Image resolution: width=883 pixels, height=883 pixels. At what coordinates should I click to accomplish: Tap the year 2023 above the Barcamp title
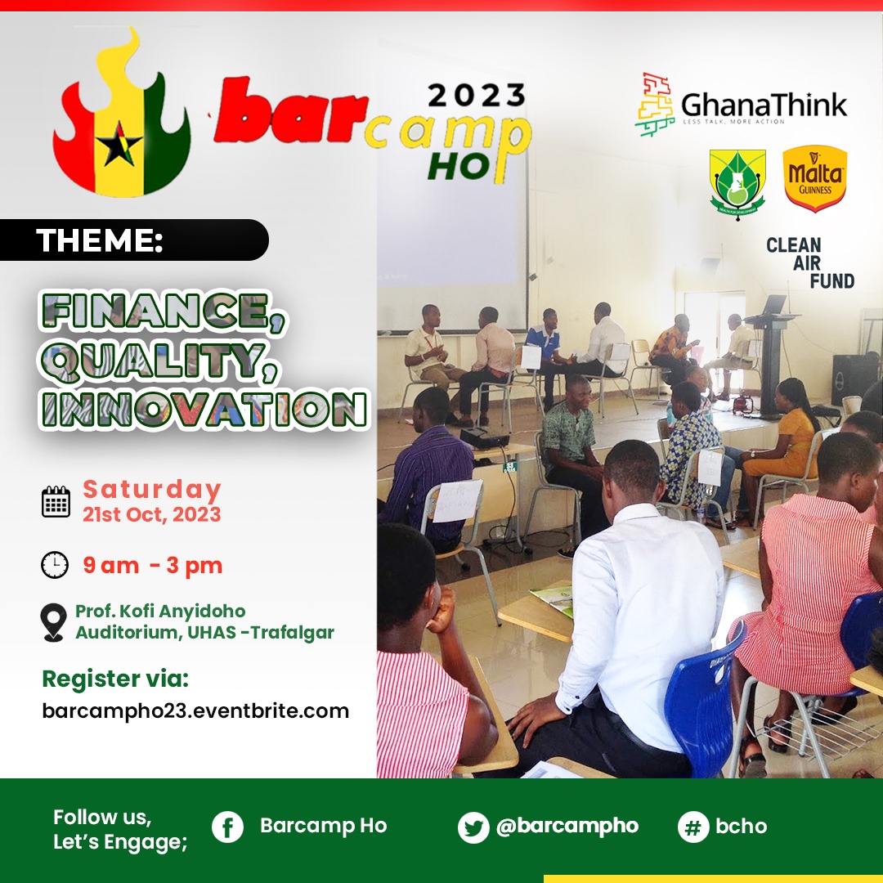[477, 96]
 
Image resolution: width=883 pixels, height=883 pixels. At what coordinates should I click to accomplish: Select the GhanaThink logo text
[764, 105]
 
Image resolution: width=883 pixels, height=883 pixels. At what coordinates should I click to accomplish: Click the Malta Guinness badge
[814, 178]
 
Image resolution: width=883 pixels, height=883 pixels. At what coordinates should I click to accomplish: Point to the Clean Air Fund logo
[809, 262]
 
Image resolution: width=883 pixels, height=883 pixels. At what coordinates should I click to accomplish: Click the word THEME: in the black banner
[100, 240]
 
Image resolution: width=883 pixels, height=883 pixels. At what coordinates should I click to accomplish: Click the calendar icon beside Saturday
[56, 500]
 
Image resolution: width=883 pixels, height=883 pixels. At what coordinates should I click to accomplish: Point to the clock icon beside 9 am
[55, 565]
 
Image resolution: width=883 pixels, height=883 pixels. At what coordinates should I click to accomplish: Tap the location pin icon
[54, 622]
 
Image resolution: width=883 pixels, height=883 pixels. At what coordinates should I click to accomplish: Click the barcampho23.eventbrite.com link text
[195, 710]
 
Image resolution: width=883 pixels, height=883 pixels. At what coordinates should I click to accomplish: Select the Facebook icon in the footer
[228, 827]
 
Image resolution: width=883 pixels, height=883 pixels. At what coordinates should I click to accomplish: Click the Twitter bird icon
[473, 827]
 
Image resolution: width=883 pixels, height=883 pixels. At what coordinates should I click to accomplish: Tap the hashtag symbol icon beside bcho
[693, 827]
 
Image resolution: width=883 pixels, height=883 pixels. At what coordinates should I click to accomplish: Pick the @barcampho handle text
[567, 826]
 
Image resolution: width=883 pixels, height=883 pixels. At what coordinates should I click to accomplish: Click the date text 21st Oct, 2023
[151, 514]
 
